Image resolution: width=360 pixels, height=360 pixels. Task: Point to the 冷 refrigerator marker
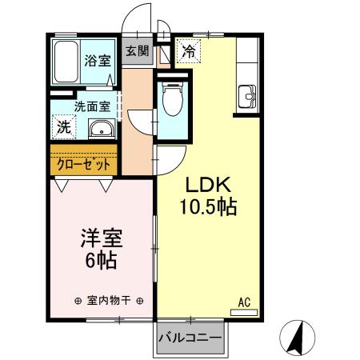(x=190, y=52)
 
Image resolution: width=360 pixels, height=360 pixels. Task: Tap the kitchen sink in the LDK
(x=246, y=100)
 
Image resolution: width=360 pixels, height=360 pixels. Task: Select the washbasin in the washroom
(x=101, y=130)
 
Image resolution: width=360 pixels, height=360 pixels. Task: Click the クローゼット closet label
(x=84, y=163)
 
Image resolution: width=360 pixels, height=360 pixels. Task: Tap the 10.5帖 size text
(x=206, y=207)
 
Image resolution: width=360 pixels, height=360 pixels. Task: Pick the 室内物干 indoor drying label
(x=108, y=302)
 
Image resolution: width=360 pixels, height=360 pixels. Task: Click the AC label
(x=245, y=302)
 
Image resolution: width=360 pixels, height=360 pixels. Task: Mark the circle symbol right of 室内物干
(x=140, y=302)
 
